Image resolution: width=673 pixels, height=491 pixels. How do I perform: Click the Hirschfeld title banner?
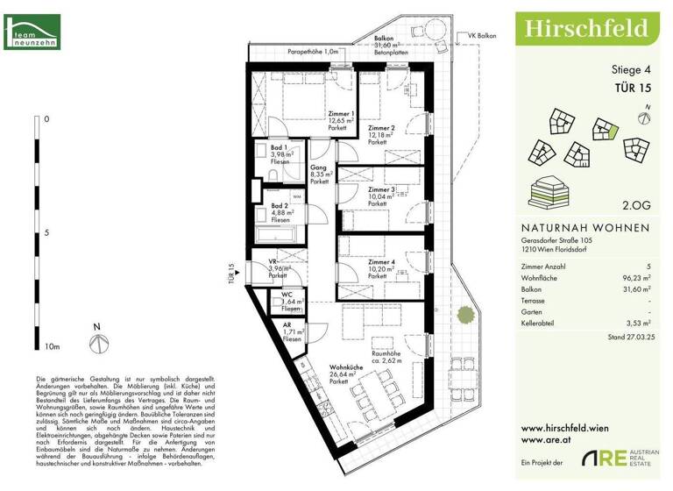pos(586,29)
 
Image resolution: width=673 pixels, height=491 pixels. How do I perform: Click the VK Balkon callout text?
pos(482,36)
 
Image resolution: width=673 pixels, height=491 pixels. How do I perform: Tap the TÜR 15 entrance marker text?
pos(233,275)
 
